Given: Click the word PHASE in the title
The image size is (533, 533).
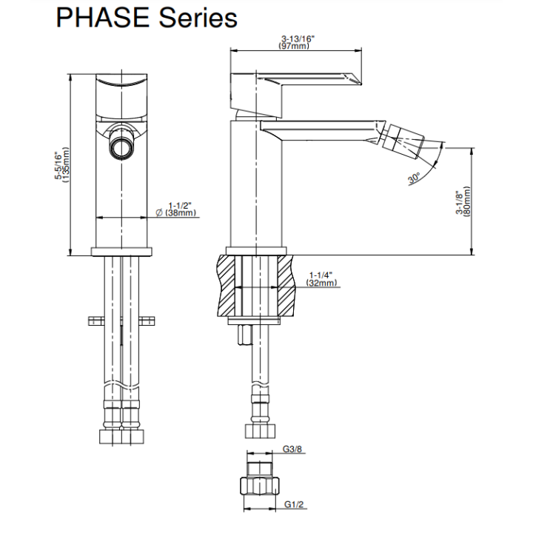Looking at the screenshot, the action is (102, 17).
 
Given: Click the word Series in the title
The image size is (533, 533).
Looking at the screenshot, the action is (198, 17).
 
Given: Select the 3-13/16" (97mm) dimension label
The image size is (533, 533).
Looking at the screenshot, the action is (295, 42).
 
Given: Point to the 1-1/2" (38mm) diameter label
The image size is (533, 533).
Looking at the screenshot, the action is (176, 209).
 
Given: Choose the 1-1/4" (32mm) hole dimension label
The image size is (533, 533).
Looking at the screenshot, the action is (321, 279).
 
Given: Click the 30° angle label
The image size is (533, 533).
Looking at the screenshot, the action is (414, 178).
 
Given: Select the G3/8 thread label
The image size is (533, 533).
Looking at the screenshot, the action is (292, 449).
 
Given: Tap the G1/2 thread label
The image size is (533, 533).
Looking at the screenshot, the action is (294, 504).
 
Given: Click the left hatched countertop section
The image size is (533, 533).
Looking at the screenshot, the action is (226, 286).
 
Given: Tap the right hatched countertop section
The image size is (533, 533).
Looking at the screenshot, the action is (286, 286).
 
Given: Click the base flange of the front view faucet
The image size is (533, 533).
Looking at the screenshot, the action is (121, 252).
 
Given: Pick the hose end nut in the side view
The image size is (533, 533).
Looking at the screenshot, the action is (260, 432).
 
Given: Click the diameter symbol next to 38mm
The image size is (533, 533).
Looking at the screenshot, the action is (159, 213).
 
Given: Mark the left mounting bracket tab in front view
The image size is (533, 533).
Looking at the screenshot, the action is (96, 321).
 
